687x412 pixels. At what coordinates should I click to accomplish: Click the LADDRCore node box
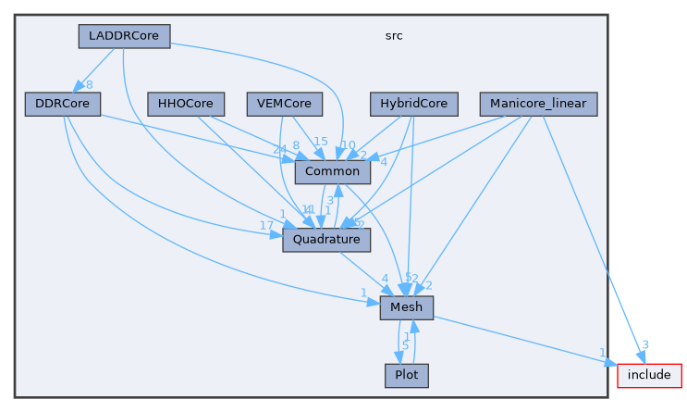124,36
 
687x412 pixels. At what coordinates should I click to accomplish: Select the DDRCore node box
62,104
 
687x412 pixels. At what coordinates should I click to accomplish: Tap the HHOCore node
186,104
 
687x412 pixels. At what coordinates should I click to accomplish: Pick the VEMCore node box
284,104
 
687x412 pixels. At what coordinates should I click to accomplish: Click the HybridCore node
413,104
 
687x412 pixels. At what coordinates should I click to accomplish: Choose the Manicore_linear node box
538,104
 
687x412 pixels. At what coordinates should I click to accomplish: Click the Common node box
333,171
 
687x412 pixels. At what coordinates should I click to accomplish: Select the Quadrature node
326,239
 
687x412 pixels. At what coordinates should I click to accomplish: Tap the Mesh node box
406,307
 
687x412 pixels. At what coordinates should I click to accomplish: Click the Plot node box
406,376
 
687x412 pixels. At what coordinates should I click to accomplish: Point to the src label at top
393,36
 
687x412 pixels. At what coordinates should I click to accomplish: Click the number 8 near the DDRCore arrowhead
89,85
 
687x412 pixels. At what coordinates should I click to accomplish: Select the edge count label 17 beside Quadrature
266,226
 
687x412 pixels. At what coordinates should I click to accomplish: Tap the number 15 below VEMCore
320,141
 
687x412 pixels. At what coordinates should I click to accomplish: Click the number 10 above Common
348,144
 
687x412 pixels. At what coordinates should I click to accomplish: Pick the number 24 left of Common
279,150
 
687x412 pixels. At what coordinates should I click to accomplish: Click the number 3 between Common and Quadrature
330,200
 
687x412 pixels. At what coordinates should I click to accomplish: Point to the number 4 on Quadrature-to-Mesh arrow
385,279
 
